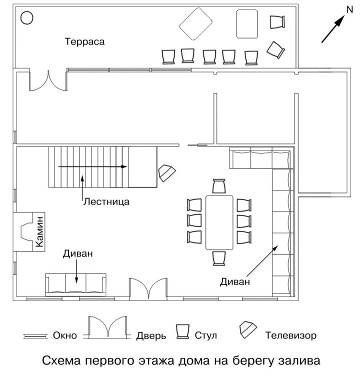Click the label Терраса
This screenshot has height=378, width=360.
tap(86, 42)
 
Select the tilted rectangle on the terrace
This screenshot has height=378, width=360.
tap(196, 22)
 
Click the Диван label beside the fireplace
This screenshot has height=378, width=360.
tap(78, 254)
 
